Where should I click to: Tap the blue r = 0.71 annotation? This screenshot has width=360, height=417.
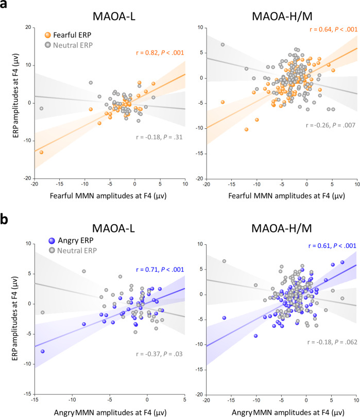pos(153,254)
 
